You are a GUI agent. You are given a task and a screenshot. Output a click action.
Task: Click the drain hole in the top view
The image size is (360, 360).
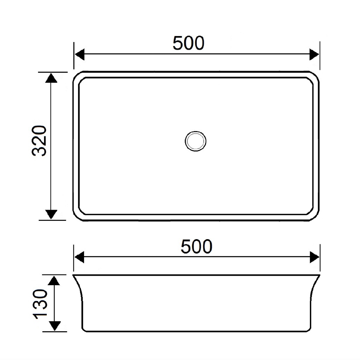[x=196, y=140]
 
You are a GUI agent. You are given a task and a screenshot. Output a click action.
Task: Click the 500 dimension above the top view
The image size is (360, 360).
[x=188, y=43]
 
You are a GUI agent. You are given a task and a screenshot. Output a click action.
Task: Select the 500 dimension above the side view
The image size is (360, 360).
[x=196, y=247]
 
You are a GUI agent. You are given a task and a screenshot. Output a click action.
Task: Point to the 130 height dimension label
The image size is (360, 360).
[x=41, y=304]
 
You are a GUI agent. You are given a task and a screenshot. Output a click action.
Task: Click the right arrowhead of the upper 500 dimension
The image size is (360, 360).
[x=314, y=54]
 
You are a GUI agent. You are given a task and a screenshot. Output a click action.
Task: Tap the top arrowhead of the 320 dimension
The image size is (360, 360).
[x=51, y=78]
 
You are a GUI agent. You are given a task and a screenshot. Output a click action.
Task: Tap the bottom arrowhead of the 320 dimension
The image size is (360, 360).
[x=51, y=214]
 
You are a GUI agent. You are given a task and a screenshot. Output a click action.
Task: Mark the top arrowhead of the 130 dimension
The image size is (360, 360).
[x=55, y=280]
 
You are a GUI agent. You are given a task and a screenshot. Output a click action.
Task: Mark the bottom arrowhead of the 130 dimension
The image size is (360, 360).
[x=55, y=326]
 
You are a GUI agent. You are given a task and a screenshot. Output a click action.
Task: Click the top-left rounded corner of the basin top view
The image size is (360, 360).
[x=77, y=76]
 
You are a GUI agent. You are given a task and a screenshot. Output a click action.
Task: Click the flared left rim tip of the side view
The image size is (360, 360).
[x=74, y=276]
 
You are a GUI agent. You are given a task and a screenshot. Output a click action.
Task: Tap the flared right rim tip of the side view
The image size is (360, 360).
[x=319, y=276]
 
